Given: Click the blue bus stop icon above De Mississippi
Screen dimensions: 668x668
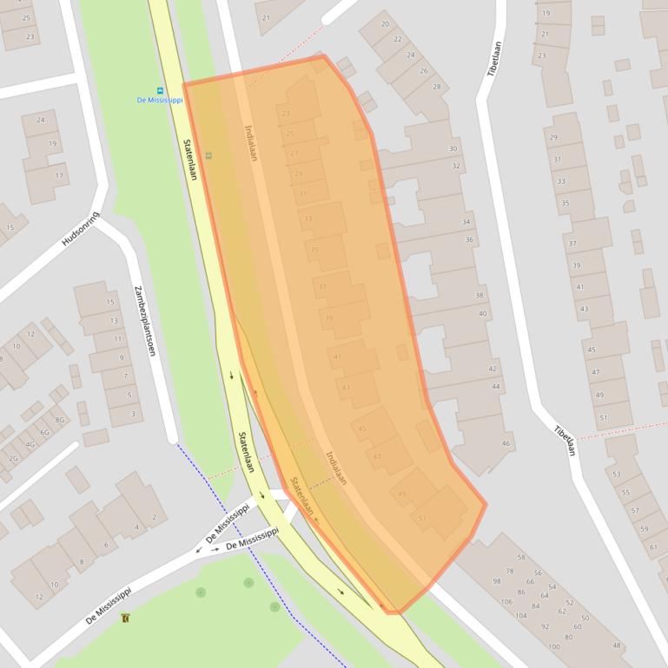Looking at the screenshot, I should click(160, 90).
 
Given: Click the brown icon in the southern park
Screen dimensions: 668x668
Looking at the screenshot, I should click(126, 618).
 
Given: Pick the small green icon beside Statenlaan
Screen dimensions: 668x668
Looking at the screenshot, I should click(208, 155).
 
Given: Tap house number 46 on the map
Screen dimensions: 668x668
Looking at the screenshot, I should click(506, 443).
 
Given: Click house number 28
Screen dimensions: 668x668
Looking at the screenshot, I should click(436, 87).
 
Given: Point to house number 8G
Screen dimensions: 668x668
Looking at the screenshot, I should click(60, 420).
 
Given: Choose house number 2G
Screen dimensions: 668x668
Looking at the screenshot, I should click(14, 458).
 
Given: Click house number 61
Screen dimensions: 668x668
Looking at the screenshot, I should click(653, 547).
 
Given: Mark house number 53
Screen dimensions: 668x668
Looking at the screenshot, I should click(617, 474).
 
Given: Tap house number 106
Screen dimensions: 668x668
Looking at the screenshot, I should click(506, 601).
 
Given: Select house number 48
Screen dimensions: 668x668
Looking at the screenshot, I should click(617, 645).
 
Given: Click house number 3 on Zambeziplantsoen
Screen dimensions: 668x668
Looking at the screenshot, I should click(133, 414).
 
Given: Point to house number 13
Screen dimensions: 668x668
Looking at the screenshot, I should click(114, 320).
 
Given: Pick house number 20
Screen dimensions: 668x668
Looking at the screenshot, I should click(386, 24).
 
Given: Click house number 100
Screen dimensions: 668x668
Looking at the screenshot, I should click(554, 647).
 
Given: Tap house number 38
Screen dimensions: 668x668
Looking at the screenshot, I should click(480, 296).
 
